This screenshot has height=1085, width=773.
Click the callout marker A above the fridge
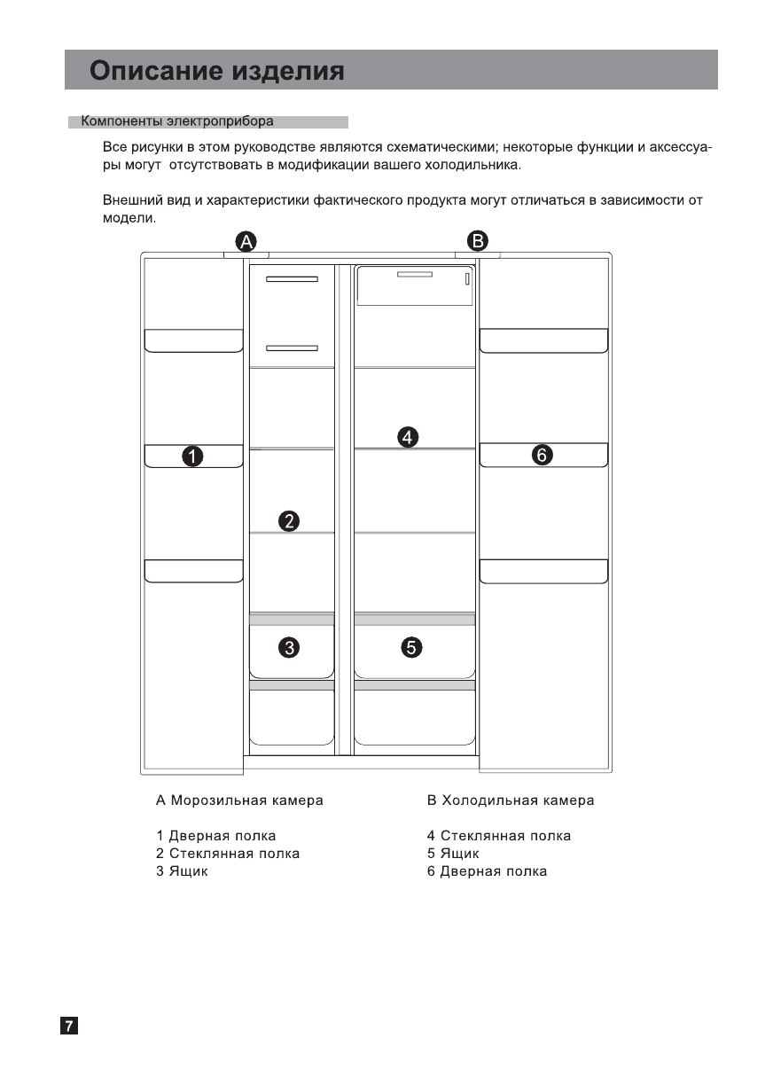click(x=246, y=241)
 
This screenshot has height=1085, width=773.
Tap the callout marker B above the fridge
click(x=478, y=240)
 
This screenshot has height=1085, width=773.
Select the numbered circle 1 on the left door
click(x=192, y=457)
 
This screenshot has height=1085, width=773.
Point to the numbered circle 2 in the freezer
click(x=288, y=520)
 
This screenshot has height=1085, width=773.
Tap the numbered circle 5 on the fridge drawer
click(x=411, y=648)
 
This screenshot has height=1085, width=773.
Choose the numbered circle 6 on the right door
click(x=543, y=456)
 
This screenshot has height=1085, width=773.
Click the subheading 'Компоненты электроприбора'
click(x=177, y=121)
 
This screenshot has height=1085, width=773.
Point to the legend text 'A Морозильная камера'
click(x=239, y=800)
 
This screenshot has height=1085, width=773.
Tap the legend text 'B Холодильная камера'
click(x=511, y=800)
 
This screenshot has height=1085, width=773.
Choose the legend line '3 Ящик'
click(x=183, y=871)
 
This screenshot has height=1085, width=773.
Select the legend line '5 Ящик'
click(x=453, y=854)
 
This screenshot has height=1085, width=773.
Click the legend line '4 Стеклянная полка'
click(x=499, y=836)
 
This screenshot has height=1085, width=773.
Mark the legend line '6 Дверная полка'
click(x=487, y=871)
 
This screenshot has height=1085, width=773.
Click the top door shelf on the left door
click(x=193, y=340)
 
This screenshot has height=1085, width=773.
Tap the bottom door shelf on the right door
click(x=543, y=571)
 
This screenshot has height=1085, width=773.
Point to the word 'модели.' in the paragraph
click(x=129, y=218)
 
